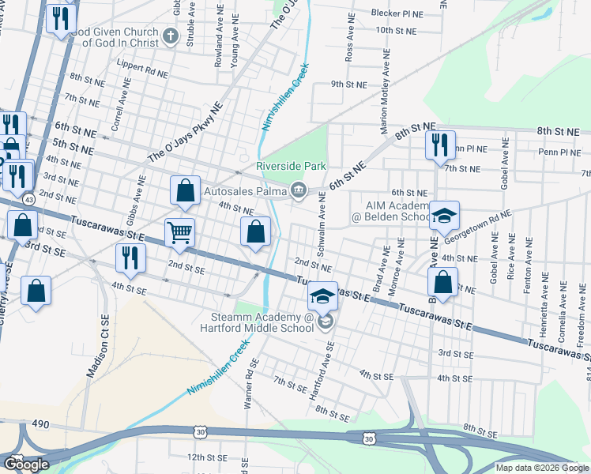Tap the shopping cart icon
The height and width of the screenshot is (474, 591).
[180, 232]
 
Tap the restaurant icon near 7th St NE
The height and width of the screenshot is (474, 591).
[440, 145]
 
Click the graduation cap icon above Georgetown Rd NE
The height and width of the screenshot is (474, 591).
[445, 216]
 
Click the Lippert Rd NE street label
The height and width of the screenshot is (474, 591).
[141, 67]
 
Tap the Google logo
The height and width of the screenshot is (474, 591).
[26, 465]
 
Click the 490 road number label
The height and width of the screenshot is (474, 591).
[40, 424]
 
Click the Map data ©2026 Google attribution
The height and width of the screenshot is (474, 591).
[542, 467]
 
